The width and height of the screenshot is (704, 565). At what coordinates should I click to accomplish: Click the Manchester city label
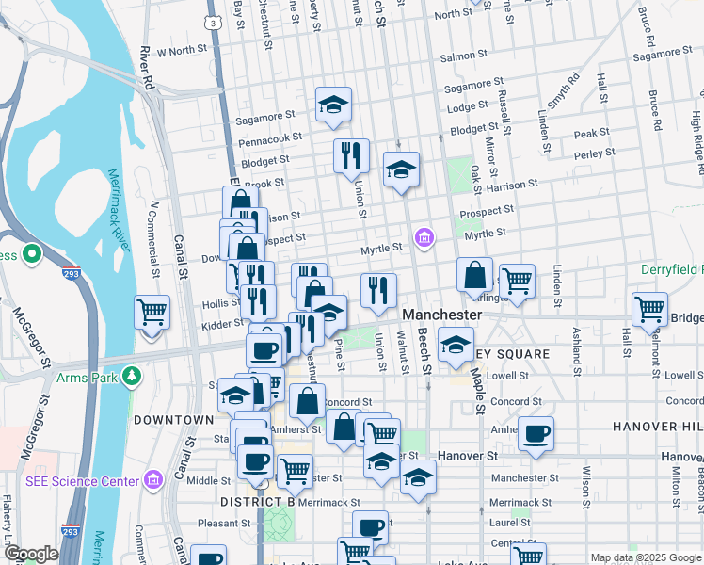[x=442, y=314]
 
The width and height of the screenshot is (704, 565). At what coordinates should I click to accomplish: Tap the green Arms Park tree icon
[x=133, y=375]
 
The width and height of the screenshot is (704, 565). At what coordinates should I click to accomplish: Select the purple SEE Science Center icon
[x=153, y=480]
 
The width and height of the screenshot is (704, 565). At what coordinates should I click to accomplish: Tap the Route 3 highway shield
[x=215, y=21]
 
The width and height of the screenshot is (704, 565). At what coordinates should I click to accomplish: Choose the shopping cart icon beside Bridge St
[x=650, y=307]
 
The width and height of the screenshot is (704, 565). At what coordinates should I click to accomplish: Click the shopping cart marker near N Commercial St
[x=152, y=310]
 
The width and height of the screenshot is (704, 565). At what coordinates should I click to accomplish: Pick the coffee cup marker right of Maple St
[x=536, y=433]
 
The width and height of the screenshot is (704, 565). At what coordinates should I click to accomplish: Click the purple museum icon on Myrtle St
[x=424, y=237]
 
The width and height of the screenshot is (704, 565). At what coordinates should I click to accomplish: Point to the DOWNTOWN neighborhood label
[x=173, y=419]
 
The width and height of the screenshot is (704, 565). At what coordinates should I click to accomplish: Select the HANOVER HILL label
[x=658, y=427]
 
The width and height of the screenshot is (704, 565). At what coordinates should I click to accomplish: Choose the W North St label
[x=181, y=50]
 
